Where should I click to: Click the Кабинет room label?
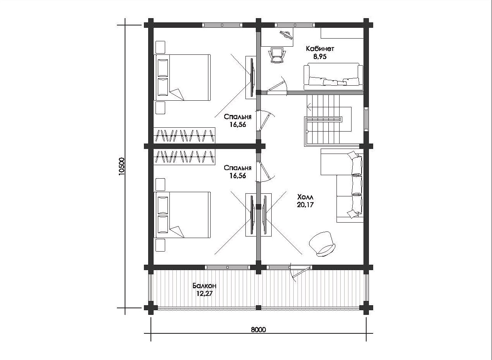[320, 49]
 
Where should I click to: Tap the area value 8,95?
[320, 57]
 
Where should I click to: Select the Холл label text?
[305, 196]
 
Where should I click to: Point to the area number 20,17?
[305, 205]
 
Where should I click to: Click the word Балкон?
[205, 286]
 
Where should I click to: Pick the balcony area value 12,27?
[205, 294]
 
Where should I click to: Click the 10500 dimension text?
[122, 166]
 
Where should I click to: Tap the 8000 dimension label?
[258, 336]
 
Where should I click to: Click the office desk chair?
[277, 55]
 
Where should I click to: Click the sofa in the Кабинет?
[333, 77]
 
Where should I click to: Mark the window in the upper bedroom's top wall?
[222, 25]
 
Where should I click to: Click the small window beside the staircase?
[366, 119]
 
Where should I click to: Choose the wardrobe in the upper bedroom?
[184, 135]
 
